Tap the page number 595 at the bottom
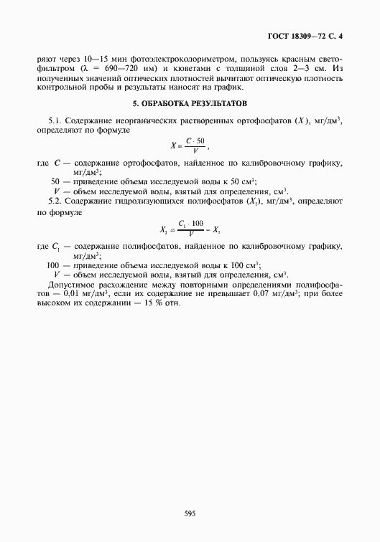tap(190, 513)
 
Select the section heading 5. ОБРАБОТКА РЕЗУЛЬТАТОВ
tap(190, 104)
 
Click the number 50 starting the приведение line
tap(55, 181)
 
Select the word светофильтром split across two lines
tap(328, 58)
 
